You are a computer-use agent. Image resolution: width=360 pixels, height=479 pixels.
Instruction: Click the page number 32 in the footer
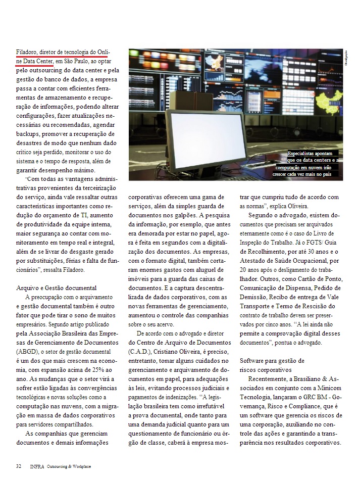(x=19, y=466)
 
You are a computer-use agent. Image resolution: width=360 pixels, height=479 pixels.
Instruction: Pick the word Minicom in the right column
(x=328, y=388)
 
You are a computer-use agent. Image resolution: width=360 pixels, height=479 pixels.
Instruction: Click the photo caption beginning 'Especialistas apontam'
(x=309, y=163)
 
